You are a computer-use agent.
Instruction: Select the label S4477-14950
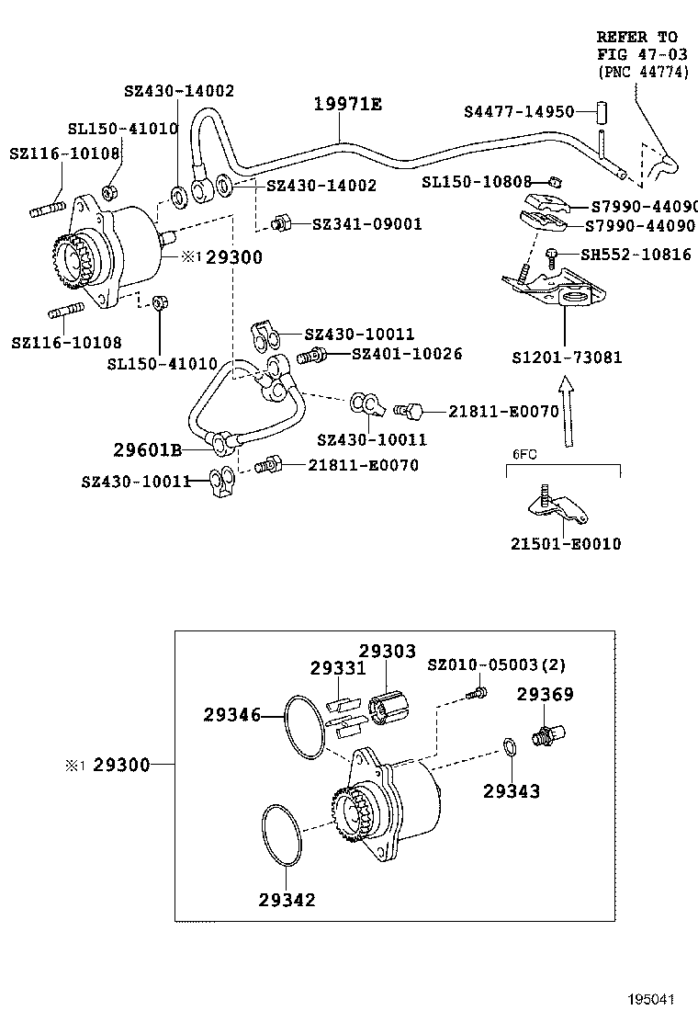[519, 111]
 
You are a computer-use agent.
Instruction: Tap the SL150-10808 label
[477, 182]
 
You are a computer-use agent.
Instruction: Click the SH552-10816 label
[636, 255]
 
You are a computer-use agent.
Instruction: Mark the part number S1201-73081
[566, 357]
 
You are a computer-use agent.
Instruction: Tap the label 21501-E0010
[566, 544]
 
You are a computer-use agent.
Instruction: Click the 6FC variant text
[523, 454]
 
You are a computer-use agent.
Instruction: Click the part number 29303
[387, 651]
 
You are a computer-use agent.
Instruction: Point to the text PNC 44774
[643, 72]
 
